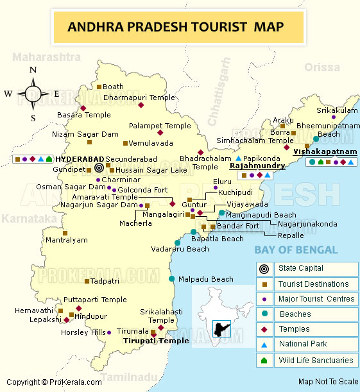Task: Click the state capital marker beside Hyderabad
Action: (98, 167)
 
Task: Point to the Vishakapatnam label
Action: (325, 151)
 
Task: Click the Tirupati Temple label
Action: (156, 341)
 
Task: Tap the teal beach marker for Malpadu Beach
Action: (171, 278)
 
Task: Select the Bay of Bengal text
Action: (295, 250)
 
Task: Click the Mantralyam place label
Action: (66, 240)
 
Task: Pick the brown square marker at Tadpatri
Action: (87, 281)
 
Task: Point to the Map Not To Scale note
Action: (328, 382)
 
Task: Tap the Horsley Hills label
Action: (82, 332)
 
